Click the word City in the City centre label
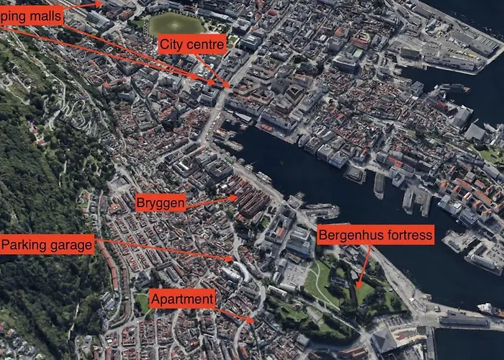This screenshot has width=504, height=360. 173,45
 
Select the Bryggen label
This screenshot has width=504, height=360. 161,204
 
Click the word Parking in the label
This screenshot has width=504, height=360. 24,246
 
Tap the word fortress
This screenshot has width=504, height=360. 408,235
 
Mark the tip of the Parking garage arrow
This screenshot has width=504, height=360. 232,258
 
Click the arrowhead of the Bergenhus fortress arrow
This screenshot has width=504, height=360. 357,286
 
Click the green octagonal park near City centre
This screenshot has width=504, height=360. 176,24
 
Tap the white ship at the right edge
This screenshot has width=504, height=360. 490,309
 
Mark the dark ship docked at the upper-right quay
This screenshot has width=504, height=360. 454,88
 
